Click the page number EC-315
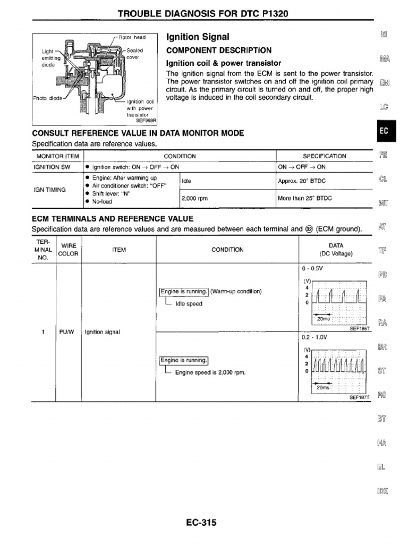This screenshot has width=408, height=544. pyautogui.click(x=201, y=523)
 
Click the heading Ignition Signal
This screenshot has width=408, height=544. pyautogui.click(x=198, y=37)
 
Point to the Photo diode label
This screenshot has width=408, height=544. pyautogui.click(x=48, y=98)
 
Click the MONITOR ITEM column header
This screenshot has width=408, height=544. pyautogui.click(x=57, y=156)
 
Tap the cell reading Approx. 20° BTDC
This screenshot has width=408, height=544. pyautogui.click(x=302, y=181)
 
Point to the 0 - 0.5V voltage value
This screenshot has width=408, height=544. pyautogui.click(x=311, y=269)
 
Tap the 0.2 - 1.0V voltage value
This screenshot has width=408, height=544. pyautogui.click(x=313, y=337)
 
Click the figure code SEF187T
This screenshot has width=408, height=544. pyautogui.click(x=359, y=397)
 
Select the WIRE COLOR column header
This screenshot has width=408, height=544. pyautogui.click(x=69, y=250)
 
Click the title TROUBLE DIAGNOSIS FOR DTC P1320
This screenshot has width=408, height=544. pyautogui.click(x=203, y=13)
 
